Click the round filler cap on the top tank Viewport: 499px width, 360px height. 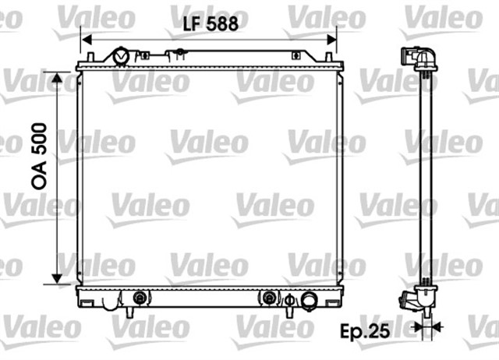coord(122,56)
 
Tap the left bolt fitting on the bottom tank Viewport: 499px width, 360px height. coord(140,297)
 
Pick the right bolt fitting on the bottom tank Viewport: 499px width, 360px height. coord(269,297)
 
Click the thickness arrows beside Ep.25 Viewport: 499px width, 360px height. coord(426,328)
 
